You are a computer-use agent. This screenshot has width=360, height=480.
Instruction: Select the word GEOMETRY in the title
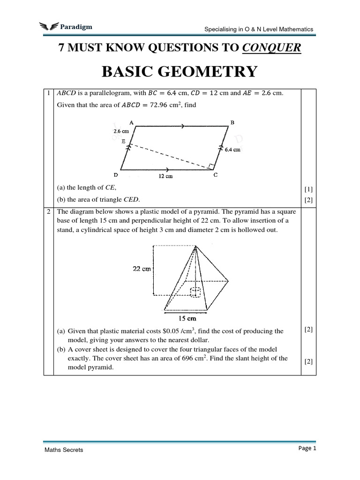coord(211,72)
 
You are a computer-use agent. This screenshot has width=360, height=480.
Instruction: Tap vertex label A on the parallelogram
coord(131,122)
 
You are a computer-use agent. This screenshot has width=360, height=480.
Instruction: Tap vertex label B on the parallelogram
coord(232,122)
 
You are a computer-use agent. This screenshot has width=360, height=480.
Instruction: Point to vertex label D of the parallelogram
coord(115,175)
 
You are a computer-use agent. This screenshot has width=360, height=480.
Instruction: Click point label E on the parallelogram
coord(123,140)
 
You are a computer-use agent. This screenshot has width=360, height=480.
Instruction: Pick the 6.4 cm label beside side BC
coord(232,150)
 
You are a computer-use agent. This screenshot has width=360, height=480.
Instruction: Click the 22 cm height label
coord(141,269)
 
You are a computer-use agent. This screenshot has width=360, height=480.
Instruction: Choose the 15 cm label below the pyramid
coord(187,319)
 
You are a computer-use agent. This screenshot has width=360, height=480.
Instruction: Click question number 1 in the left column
coord(48,93)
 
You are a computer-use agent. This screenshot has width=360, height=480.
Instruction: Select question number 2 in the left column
coord(48,211)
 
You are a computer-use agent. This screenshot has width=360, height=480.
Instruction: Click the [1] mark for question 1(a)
coord(308,189)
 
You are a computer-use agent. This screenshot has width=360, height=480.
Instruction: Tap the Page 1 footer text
coord(307,448)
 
